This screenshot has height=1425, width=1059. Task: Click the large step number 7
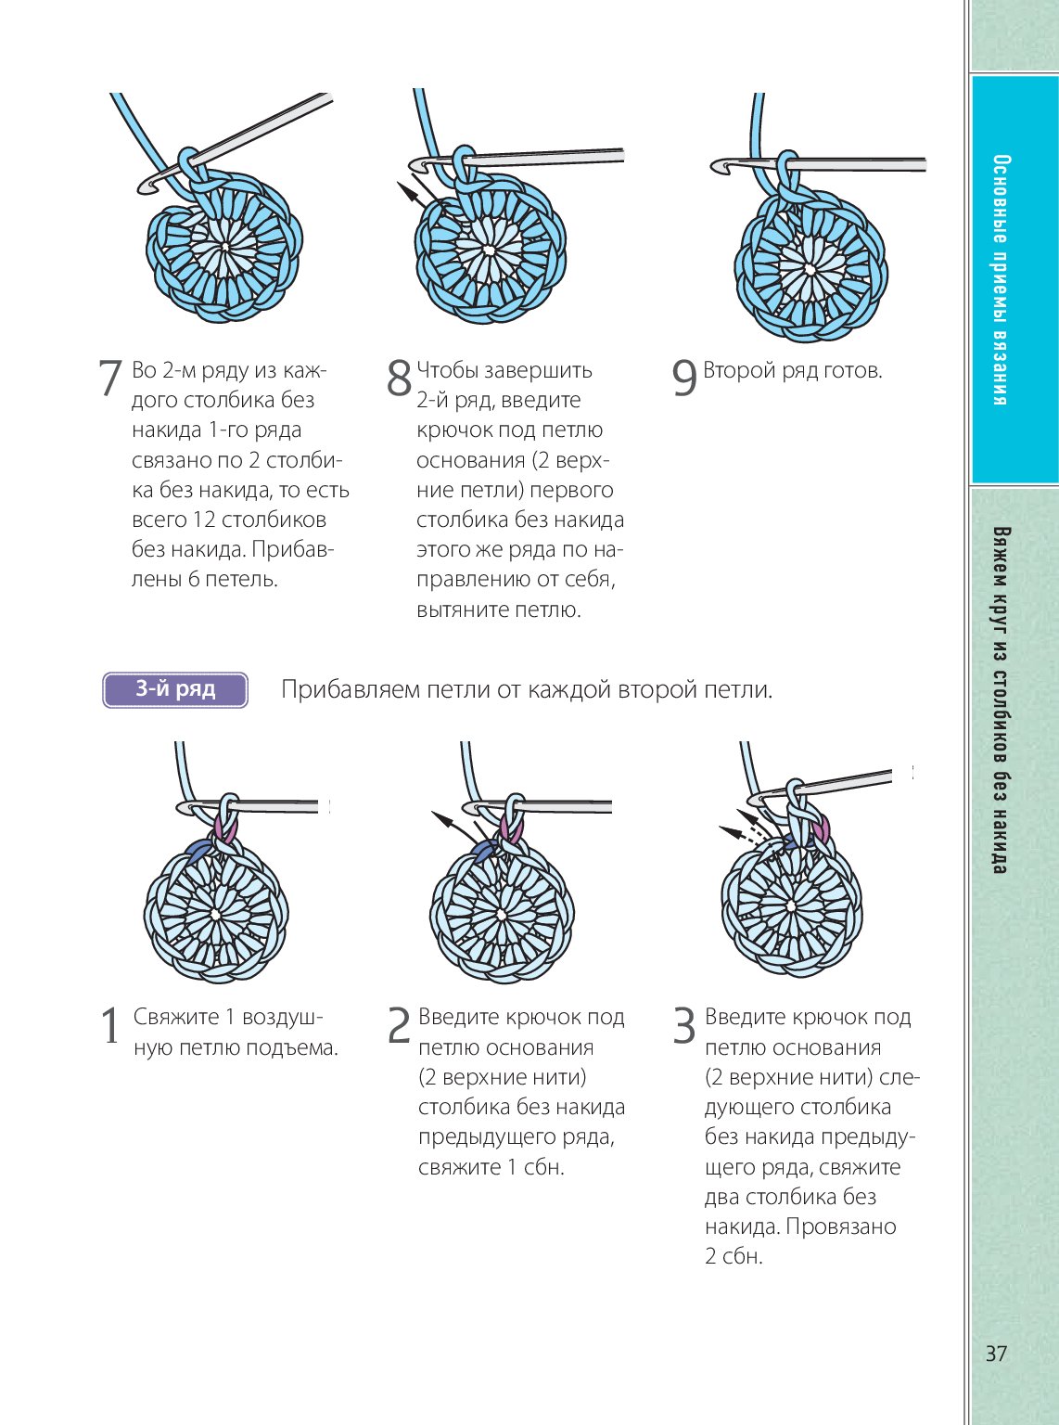click(110, 379)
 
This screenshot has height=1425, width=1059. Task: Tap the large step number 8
click(399, 379)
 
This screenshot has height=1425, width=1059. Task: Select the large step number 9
click(684, 379)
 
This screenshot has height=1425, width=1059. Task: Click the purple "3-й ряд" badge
click(175, 689)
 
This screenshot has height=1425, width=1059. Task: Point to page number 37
click(996, 1354)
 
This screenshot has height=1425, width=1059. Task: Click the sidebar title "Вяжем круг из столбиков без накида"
click(1001, 700)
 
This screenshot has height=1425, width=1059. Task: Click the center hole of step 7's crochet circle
click(225, 248)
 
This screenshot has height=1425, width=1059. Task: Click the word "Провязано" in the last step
click(840, 1226)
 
